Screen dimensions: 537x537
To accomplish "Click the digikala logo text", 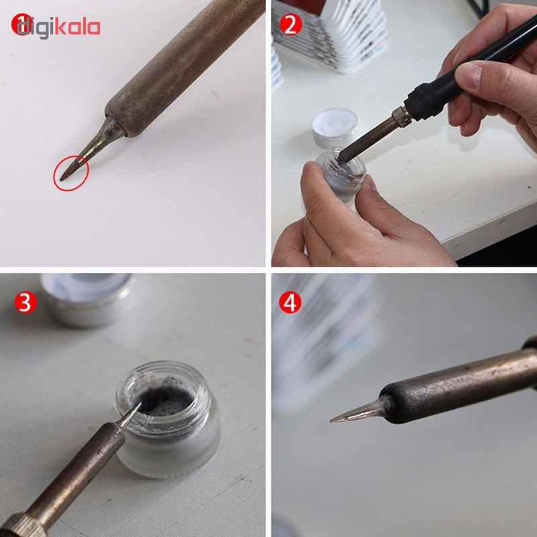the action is (56, 27).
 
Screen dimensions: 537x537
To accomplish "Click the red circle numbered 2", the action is (291, 24).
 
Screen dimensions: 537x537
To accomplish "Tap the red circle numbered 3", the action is (26, 303).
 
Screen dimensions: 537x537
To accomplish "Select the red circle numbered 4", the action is (290, 303).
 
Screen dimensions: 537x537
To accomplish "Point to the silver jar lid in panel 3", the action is (88, 299).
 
